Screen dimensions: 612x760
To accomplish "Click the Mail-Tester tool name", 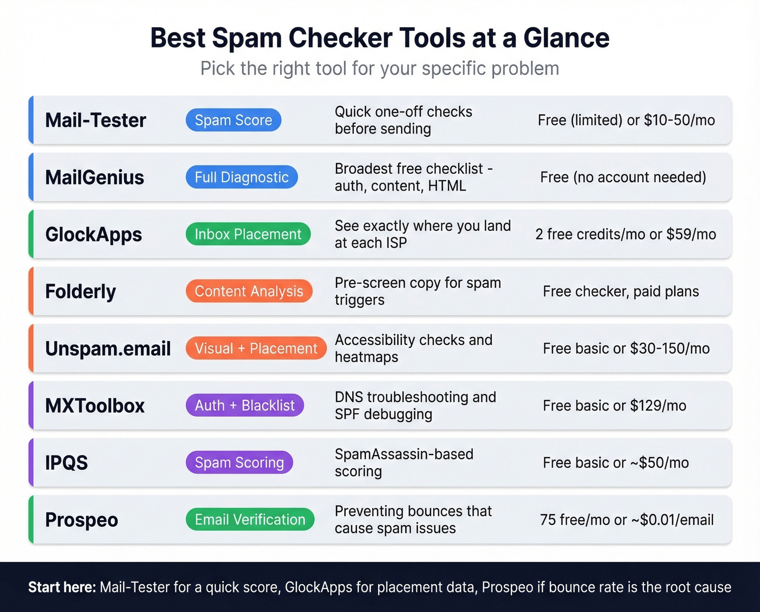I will point(96,120).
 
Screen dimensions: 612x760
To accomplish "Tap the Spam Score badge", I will point(233,120).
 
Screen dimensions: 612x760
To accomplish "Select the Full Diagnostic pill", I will point(242,177).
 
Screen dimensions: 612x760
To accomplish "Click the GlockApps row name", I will point(93,234).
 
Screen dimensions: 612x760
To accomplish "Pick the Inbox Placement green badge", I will point(248,234).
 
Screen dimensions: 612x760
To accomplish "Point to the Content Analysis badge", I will point(249,291).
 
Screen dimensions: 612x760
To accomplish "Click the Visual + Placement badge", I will point(256,348).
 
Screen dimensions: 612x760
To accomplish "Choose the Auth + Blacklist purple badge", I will point(244,405).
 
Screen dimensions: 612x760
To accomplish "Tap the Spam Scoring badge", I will point(239,462).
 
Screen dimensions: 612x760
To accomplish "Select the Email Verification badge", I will point(250,520).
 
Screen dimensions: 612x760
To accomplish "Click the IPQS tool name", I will point(66,463).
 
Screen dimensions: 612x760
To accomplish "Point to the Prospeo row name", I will point(81,520).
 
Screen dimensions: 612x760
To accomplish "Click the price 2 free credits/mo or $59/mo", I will point(625,234).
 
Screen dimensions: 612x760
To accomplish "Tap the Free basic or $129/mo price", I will point(615,406).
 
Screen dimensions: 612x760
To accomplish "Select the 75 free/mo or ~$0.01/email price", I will point(626,520).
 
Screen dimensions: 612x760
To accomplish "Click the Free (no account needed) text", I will point(623,177).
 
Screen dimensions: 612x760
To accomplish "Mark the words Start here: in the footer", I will point(62,587).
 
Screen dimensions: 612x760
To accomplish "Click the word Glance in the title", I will point(566,38).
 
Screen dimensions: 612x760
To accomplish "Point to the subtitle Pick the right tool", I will point(379,68).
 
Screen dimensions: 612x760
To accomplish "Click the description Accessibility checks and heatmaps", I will point(413,348).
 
